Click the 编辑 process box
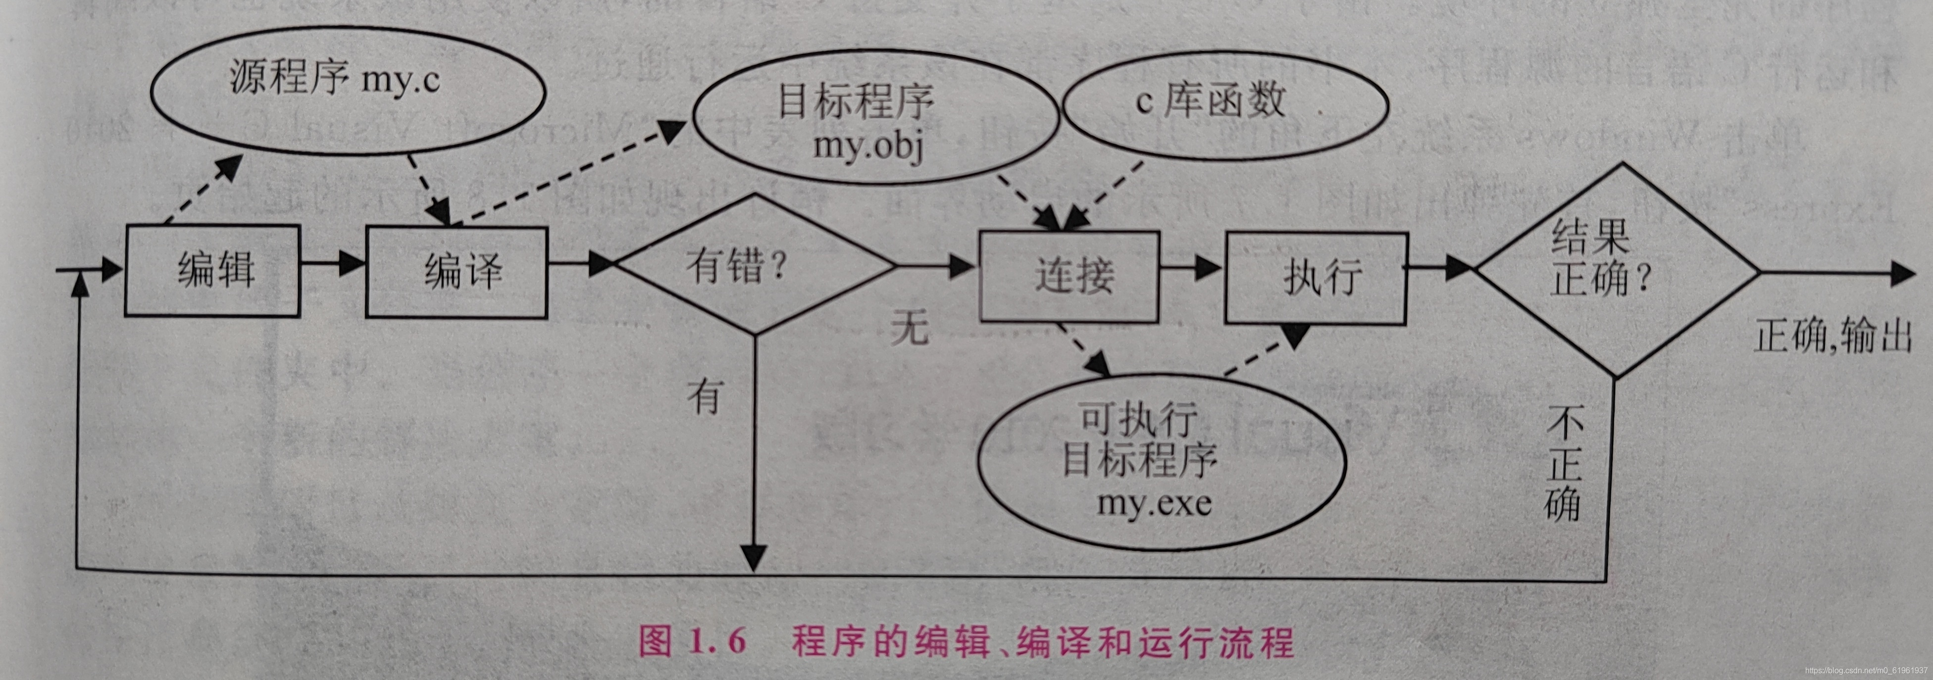pyautogui.click(x=212, y=271)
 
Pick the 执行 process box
pyautogui.click(x=1316, y=278)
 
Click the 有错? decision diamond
pyautogui.click(x=754, y=264)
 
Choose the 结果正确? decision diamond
pyautogui.click(x=1616, y=270)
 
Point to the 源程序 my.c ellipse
pyautogui.click(x=348, y=92)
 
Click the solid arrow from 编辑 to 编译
pyautogui.click(x=333, y=263)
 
